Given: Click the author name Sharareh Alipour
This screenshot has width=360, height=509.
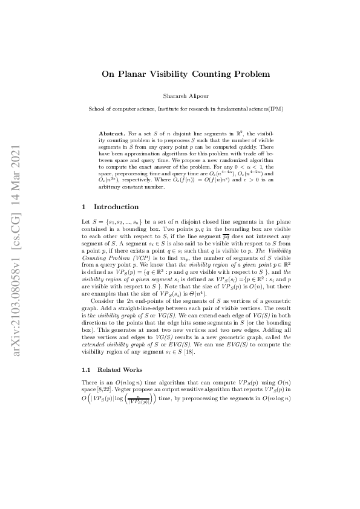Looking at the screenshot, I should pyautogui.click(x=180, y=96).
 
